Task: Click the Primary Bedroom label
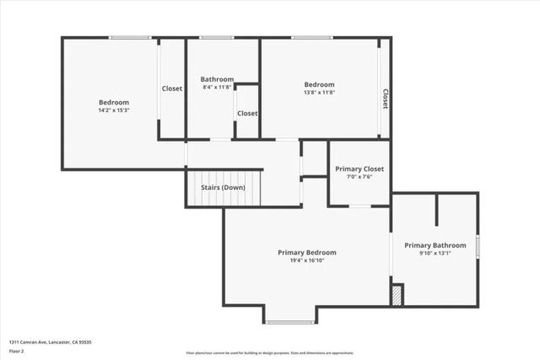click(x=307, y=252)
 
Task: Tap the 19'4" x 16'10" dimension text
click(x=307, y=261)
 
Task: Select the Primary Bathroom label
click(x=435, y=245)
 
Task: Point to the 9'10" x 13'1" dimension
click(x=435, y=254)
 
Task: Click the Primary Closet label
click(x=359, y=169)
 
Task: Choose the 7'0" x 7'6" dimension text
click(x=359, y=177)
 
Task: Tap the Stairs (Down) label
click(x=222, y=187)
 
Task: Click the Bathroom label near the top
click(x=217, y=79)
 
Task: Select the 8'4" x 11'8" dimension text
click(x=217, y=87)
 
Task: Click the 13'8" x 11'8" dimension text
click(x=319, y=93)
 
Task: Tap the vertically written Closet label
click(x=386, y=99)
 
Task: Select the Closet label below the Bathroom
click(x=247, y=113)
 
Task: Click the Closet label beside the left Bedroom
click(x=172, y=89)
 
